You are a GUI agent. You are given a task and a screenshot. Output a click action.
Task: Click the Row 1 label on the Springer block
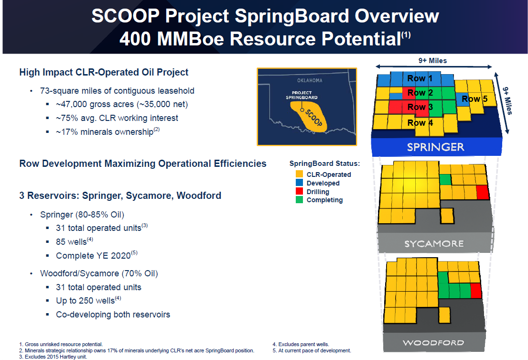(x=420, y=78)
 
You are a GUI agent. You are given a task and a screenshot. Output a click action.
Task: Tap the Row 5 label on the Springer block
(x=474, y=99)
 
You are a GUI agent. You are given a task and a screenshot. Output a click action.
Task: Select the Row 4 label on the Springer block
(x=420, y=123)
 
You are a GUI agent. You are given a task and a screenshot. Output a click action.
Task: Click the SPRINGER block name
(x=435, y=147)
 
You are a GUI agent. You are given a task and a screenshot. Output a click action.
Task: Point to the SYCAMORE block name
(x=434, y=243)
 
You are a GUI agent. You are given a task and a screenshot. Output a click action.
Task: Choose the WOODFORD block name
(x=434, y=343)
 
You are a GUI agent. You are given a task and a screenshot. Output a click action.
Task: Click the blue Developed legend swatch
(x=299, y=183)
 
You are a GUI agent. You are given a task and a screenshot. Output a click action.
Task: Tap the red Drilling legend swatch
(x=299, y=191)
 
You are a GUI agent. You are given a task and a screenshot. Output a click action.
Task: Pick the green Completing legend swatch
(x=299, y=200)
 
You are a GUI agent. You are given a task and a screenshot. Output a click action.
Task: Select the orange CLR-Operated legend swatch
(x=299, y=174)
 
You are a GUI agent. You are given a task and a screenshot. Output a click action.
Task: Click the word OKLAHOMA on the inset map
(x=310, y=80)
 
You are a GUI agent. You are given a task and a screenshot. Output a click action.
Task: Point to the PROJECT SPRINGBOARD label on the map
(x=302, y=95)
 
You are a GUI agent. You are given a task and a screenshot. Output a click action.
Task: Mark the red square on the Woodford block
(x=476, y=291)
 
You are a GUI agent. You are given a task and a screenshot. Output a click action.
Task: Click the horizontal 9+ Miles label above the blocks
(x=433, y=61)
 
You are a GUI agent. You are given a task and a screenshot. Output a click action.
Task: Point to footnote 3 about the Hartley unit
(x=53, y=357)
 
